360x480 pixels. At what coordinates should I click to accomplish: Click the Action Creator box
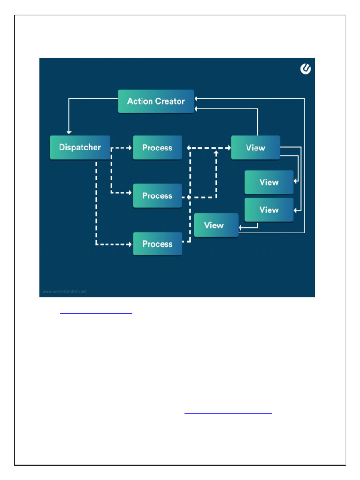click(156, 101)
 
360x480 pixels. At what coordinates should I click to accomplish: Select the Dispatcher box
click(80, 147)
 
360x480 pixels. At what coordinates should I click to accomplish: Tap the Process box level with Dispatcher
click(157, 148)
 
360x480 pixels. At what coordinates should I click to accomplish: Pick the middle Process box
click(157, 196)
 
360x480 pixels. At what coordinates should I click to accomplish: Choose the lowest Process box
click(157, 244)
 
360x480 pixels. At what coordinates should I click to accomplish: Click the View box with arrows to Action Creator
click(255, 148)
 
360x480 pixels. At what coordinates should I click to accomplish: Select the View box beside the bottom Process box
click(216, 225)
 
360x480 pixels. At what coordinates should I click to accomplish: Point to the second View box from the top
click(269, 182)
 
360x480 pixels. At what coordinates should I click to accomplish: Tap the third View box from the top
click(269, 210)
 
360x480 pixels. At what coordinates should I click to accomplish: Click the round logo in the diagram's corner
click(306, 69)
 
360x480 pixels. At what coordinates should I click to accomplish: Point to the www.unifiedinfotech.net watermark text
click(65, 291)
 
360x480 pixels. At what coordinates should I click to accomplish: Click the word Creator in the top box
click(170, 101)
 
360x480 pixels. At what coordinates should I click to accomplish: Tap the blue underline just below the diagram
click(96, 313)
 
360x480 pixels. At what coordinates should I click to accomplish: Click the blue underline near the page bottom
click(228, 414)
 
